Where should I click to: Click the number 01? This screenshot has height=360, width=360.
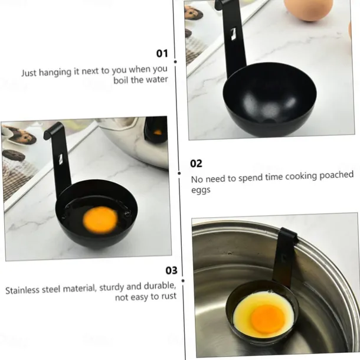click(x=162, y=54)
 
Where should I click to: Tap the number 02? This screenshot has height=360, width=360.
click(x=196, y=163)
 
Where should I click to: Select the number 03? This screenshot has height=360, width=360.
click(x=171, y=270)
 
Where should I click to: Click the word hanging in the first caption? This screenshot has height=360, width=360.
click(x=60, y=72)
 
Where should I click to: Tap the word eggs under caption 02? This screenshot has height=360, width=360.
click(x=200, y=190)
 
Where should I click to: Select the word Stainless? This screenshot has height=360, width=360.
click(x=23, y=290)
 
